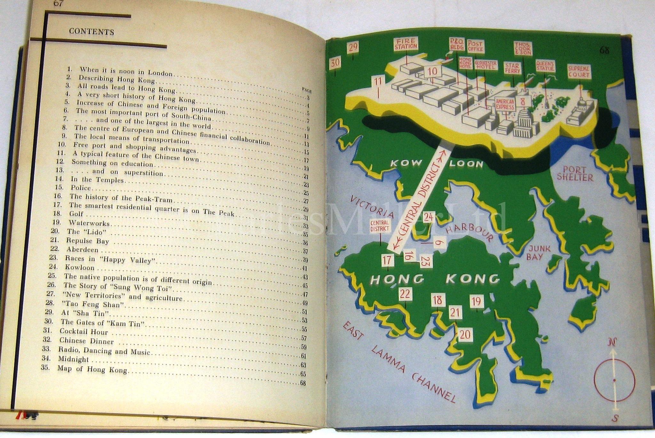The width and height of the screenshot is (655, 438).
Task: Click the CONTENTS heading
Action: tap(91, 32)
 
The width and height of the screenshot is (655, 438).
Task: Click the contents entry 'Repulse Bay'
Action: tap(88, 241)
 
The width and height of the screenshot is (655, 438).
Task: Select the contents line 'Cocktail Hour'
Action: tap(84, 332)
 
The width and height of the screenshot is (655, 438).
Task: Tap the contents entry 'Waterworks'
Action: tap(89, 223)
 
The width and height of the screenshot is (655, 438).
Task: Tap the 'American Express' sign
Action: tap(505, 104)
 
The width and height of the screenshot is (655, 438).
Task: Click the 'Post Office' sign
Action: tap(475, 47)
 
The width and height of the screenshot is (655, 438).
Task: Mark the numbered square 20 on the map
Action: tap(466, 335)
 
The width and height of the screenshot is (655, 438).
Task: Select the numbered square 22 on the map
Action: tap(405, 294)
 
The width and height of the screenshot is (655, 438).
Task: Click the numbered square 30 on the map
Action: tap(335, 62)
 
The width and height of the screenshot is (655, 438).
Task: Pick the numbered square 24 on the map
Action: tap(428, 217)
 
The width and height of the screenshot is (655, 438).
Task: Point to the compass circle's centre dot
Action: tap(614, 380)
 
